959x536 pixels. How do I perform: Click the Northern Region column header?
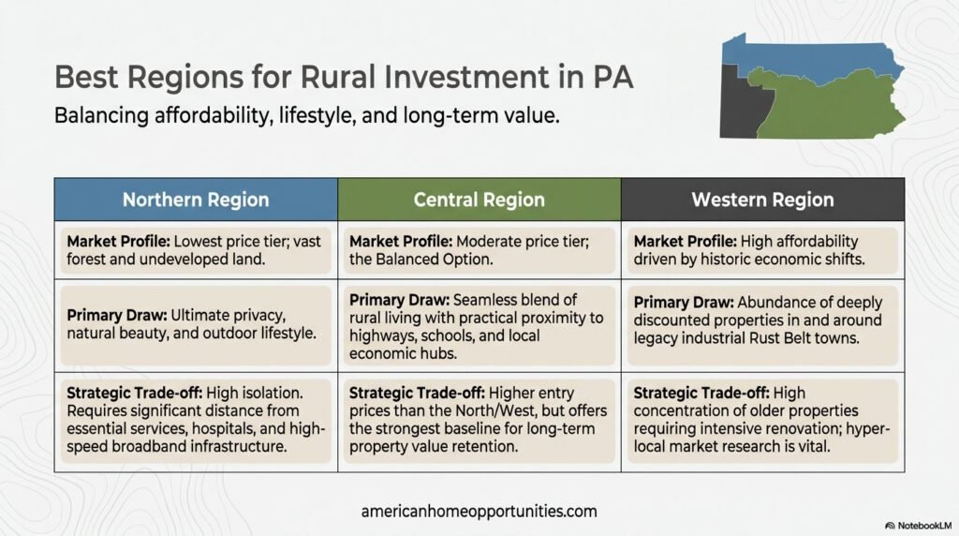click(196, 200)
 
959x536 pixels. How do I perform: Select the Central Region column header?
click(479, 200)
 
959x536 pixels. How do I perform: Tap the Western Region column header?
click(762, 200)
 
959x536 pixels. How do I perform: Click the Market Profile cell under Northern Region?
click(196, 249)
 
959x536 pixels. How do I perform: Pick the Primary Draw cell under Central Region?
click(479, 326)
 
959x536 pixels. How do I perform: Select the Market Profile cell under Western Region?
click(762, 249)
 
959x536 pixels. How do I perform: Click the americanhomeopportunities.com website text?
click(479, 512)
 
